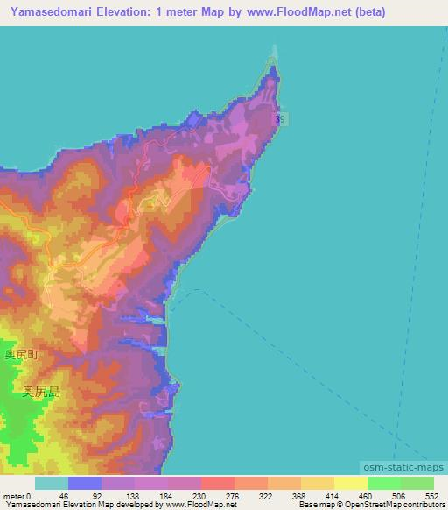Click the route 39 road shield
point(278,118)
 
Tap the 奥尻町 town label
point(22,355)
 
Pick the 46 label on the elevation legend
point(63,496)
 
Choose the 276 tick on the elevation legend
point(230,496)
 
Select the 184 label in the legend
point(164,496)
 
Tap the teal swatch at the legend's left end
point(52,483)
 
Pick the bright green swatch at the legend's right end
point(417,483)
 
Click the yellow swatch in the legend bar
point(351,483)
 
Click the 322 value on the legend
point(263,496)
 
